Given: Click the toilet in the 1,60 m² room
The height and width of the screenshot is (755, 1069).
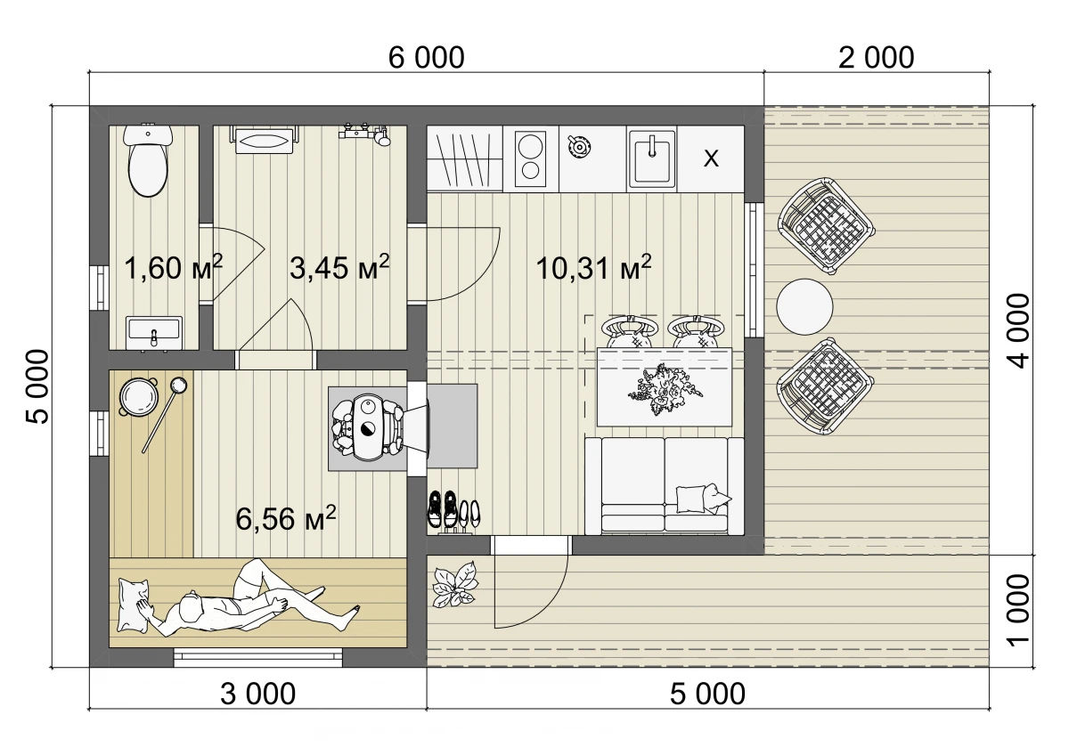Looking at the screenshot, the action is pos(148,159).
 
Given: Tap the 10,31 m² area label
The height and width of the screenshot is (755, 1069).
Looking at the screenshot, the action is pos(593,268).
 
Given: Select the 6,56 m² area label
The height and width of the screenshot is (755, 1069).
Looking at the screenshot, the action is pos(286,519).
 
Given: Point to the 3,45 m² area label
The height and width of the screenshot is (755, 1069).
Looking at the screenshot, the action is pos(339,267).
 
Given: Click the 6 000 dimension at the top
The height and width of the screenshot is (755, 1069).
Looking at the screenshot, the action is pos(426,58).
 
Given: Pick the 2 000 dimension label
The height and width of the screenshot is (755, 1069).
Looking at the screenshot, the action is pos(877,58).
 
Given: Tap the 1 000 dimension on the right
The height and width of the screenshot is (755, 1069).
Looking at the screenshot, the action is pos(1018,611).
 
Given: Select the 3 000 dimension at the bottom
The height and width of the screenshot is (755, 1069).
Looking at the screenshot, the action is pos(257,694).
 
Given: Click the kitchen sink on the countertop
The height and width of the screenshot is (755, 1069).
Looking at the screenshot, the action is pos(652,158).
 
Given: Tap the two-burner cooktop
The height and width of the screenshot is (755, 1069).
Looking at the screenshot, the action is pos(531,159).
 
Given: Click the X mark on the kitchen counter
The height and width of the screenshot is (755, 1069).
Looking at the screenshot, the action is pos(711,158).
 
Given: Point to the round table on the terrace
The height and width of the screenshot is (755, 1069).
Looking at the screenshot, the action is pos(804,306).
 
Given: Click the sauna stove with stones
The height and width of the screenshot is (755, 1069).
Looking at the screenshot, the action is pos(367,428).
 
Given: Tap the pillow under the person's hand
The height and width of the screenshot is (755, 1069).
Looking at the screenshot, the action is pos(135,605).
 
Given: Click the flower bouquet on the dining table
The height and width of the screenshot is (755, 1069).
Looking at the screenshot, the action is pos(665,388).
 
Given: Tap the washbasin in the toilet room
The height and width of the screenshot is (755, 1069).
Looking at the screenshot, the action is pos(154,333).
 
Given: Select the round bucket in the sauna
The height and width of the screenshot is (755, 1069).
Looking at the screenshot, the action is pos(139,396).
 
